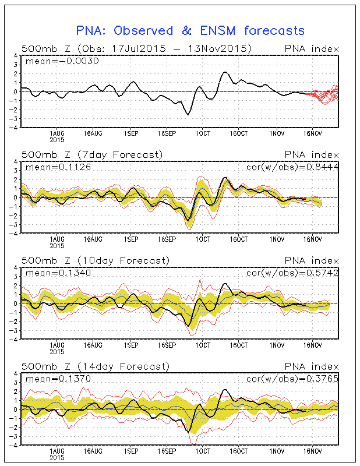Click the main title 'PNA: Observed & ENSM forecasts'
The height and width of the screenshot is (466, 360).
tap(190, 30)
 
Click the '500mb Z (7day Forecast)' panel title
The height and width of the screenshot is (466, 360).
tap(92, 154)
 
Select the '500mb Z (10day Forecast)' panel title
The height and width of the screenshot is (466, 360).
tap(95, 260)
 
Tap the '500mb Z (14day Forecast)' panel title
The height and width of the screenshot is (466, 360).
tap(95, 366)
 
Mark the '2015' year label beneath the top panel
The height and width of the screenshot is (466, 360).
tap(57, 139)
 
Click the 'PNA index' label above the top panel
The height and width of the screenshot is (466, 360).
tap(310, 48)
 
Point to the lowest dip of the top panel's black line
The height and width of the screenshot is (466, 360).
tap(188, 115)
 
